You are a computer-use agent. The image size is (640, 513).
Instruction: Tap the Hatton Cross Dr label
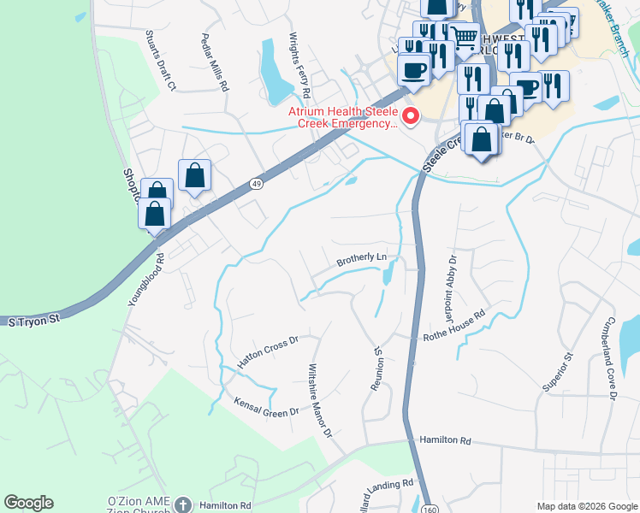(x=267, y=352)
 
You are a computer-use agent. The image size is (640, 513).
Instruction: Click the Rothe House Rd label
(x=454, y=327)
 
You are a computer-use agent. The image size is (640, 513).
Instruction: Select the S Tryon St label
(x=33, y=320)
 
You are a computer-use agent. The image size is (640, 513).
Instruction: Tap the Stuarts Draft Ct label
(x=160, y=61)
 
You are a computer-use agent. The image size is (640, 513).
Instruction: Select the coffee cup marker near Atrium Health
(x=414, y=70)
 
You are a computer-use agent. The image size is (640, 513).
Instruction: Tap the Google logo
(x=28, y=503)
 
